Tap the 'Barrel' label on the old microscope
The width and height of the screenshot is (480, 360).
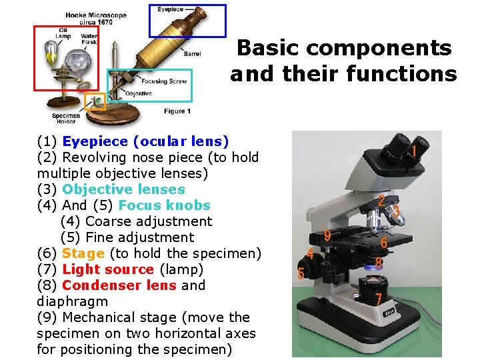[192, 54]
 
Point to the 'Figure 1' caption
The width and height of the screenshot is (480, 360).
[177, 111]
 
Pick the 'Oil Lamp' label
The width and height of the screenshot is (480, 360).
[63, 32]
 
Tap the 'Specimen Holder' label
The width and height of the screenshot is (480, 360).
[66, 119]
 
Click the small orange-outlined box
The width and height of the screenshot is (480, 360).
[96, 101]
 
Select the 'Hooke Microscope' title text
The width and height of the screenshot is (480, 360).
[96, 15]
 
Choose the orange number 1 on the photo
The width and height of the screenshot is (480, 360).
[414, 151]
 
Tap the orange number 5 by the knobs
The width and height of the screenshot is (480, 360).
[301, 273]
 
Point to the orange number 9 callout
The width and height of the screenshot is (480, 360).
[327, 235]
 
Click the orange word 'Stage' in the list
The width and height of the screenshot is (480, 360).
[83, 253]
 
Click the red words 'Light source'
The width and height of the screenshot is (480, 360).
[108, 269]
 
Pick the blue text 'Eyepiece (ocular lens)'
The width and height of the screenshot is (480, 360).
[145, 141]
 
